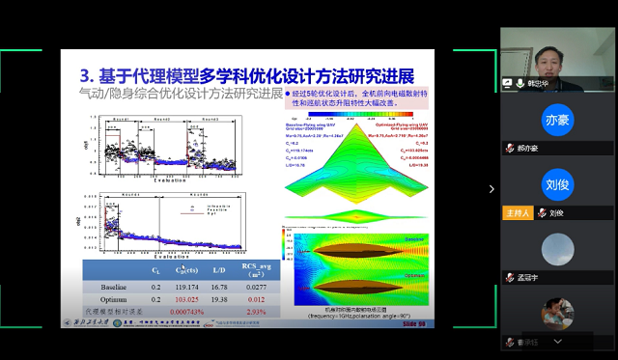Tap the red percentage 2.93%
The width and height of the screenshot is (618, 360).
pos(256,313)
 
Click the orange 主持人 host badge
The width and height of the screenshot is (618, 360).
pos(517,212)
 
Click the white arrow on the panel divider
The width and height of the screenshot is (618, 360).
pos(491,189)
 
